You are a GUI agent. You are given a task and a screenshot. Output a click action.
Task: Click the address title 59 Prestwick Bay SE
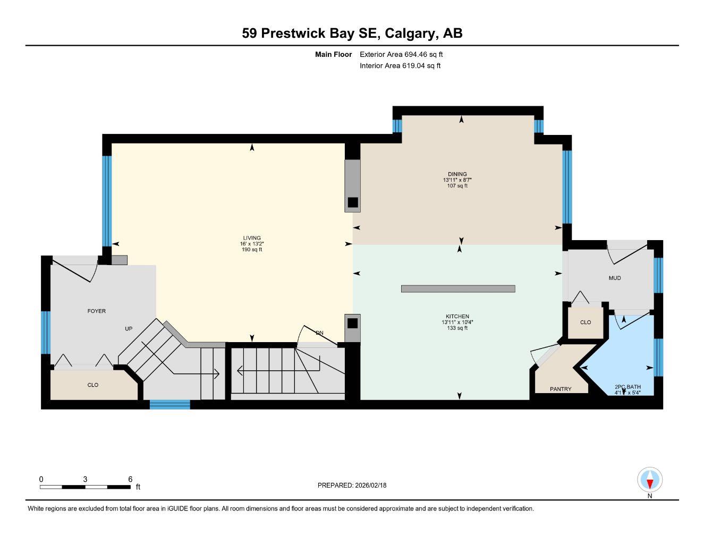(352, 33)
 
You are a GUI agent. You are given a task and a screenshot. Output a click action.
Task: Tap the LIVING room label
(252, 238)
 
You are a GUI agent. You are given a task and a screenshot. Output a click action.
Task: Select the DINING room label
(457, 174)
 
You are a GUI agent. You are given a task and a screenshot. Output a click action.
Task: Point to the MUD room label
(614, 278)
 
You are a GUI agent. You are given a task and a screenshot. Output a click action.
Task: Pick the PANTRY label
(561, 389)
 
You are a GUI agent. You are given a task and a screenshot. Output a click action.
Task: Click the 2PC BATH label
(627, 387)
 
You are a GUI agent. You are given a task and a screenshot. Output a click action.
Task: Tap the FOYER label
(97, 311)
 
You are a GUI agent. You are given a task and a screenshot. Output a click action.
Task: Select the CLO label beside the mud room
(585, 322)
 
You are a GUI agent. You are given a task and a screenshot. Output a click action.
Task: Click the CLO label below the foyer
(92, 385)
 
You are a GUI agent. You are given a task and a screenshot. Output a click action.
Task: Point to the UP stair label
(128, 329)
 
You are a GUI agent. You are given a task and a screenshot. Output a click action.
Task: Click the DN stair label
(319, 333)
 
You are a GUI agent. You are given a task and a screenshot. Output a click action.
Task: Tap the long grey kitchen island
(458, 289)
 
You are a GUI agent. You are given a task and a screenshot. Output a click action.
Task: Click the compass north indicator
(649, 481)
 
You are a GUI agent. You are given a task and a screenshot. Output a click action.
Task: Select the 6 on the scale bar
(130, 479)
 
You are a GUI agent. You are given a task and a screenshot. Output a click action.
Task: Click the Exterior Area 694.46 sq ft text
(401, 54)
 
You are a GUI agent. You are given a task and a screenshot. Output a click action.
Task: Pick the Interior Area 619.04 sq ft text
(400, 66)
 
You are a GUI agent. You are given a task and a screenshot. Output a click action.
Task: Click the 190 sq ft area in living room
(252, 250)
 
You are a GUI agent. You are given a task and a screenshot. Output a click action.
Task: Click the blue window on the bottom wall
(169, 405)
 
